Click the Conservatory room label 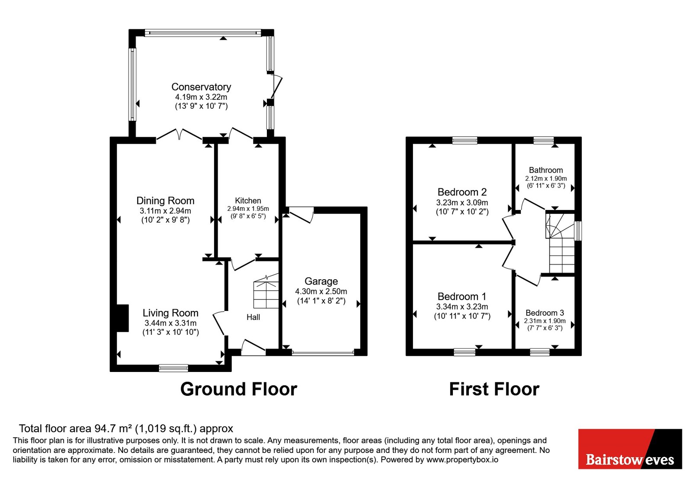201,87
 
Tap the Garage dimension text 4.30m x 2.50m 321,291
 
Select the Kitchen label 248,200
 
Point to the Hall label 253,317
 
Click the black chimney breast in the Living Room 123,318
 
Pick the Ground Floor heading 238,389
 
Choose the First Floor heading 494,389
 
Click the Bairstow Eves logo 630,449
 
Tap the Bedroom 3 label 545,313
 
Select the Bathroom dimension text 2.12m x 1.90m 546,178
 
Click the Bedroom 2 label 462,192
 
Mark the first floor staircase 560,243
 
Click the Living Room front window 173,368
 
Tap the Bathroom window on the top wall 544,140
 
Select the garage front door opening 323,352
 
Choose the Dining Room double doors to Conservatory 179,136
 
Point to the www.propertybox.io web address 462,459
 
